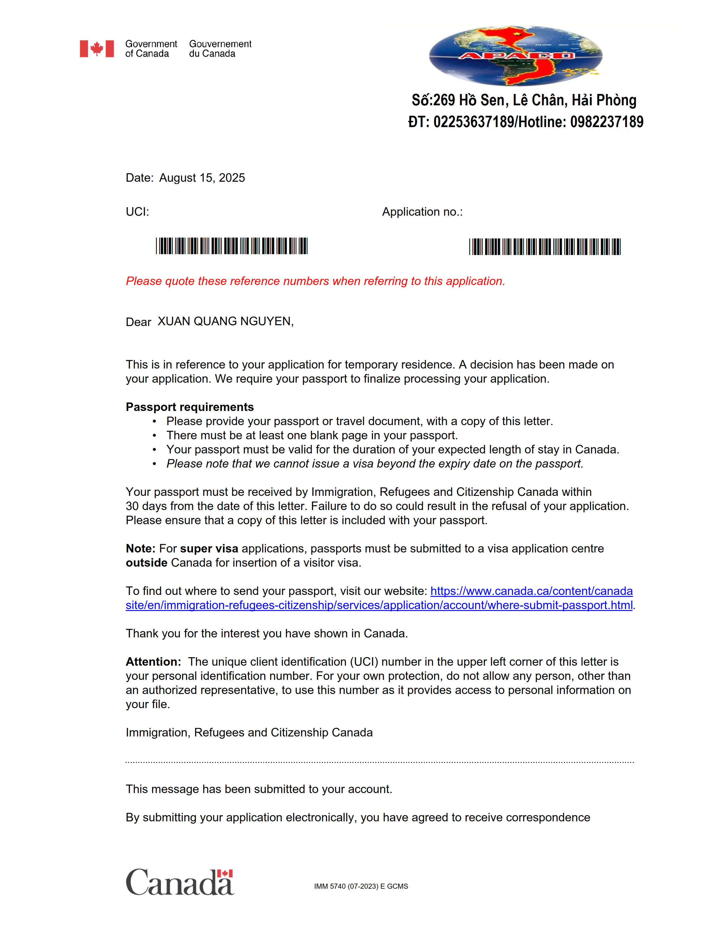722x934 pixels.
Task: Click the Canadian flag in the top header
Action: point(97,49)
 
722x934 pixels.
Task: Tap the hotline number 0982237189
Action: point(606,122)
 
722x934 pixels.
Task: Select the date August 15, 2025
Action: point(202,178)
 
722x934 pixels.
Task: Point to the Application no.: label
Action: point(422,212)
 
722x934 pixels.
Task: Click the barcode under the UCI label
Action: point(231,246)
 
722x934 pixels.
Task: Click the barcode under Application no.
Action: point(544,247)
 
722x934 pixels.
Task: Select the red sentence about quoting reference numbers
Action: point(315,281)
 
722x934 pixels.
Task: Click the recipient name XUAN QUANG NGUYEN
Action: point(225,321)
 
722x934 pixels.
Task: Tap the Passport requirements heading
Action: point(189,407)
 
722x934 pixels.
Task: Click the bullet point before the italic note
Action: point(154,464)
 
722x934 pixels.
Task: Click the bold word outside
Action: point(146,563)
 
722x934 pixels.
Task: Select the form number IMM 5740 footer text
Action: point(361,886)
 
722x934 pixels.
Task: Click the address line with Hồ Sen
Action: point(524,100)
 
